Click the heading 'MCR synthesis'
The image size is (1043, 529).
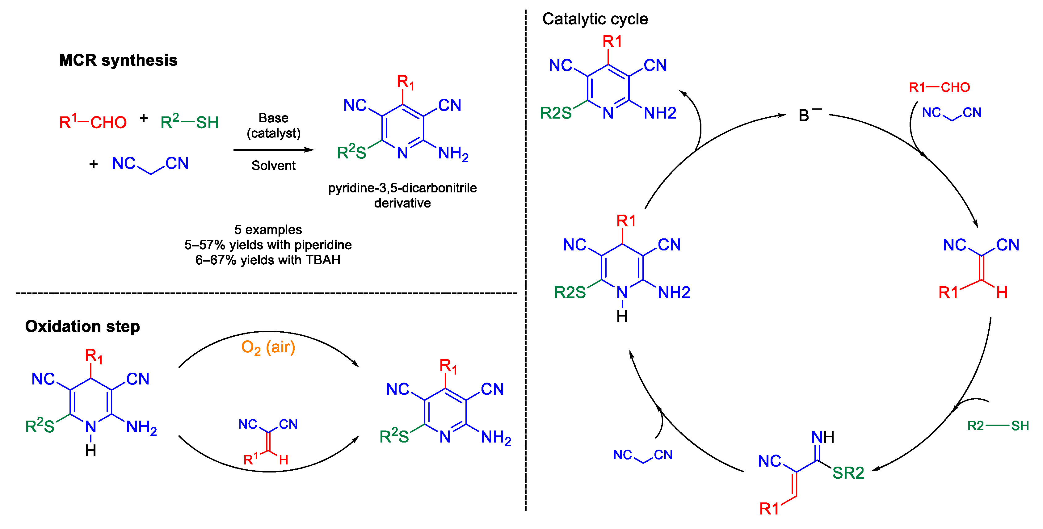(118, 60)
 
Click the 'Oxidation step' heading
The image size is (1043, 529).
(82, 326)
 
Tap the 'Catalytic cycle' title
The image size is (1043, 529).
(595, 19)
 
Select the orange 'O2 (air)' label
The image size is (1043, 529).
(268, 347)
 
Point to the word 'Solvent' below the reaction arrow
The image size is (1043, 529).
(273, 166)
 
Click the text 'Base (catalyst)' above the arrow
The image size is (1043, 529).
(273, 125)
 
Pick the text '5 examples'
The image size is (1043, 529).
(268, 229)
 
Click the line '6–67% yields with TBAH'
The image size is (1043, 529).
(268, 260)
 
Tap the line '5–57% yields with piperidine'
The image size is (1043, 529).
(268, 245)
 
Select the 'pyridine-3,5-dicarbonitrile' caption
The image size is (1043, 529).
(402, 188)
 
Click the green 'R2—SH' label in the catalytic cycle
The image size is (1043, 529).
(998, 425)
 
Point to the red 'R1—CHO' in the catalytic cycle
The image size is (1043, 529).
(939, 87)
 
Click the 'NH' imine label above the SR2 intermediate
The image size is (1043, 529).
(822, 437)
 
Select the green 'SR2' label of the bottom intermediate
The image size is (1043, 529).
(848, 473)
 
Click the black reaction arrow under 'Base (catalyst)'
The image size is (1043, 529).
(273, 150)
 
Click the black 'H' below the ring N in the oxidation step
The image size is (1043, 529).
(91, 450)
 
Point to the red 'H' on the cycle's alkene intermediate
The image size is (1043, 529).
(1002, 292)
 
